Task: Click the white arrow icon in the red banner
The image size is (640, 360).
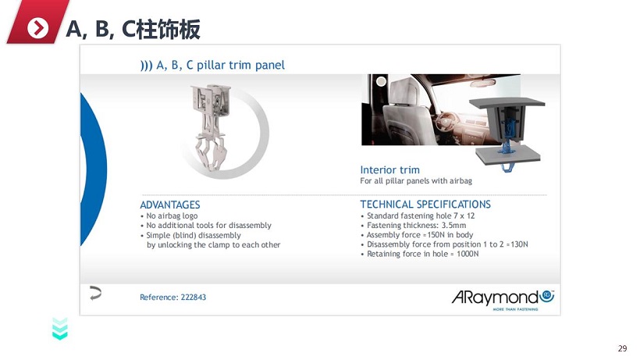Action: coord(37,28)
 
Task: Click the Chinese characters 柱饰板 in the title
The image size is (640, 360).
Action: coord(168,29)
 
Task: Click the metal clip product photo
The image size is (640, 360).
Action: coord(211,127)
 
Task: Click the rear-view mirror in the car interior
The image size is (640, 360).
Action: coord(482,84)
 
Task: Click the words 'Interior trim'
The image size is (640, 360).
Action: coord(389,169)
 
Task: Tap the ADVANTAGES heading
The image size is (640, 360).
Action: coord(170,205)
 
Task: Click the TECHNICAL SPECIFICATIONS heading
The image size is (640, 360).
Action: coord(425,205)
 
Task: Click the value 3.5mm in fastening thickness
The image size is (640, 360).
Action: coord(453,226)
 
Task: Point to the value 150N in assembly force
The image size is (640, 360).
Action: coord(436,235)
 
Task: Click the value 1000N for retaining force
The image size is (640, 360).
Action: coord(468,254)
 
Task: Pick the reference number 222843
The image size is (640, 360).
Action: coord(194,298)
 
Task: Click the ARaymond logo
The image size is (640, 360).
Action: coord(503,300)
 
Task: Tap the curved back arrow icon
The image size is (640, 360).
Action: coord(95,293)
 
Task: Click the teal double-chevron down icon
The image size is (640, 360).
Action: coord(60,329)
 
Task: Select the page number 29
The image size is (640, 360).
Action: coord(623,348)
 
